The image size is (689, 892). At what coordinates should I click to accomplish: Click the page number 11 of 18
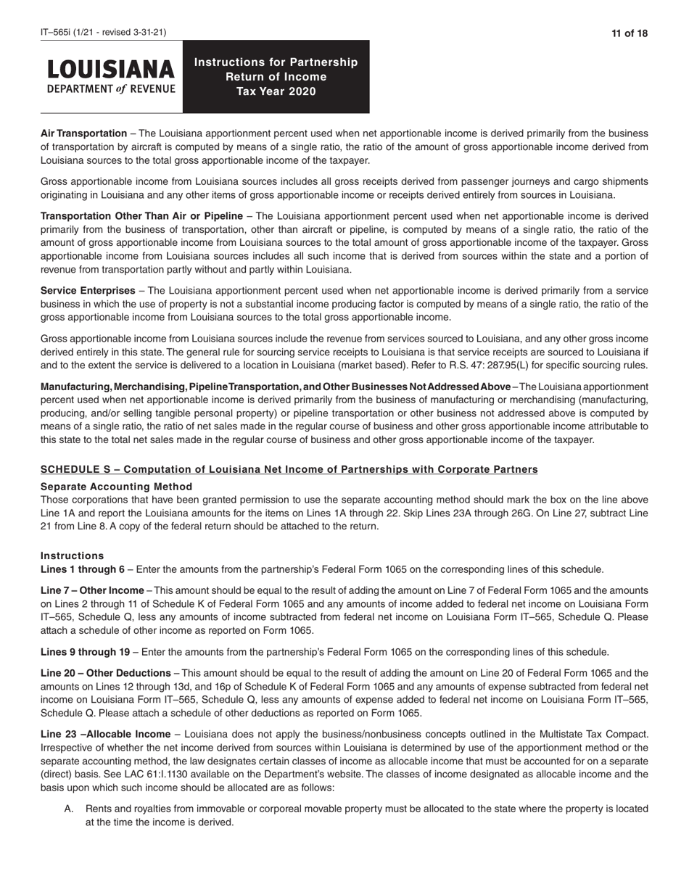(x=629, y=33)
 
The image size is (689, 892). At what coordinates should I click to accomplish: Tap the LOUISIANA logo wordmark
(x=111, y=70)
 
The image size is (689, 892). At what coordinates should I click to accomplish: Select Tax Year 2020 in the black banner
(x=276, y=91)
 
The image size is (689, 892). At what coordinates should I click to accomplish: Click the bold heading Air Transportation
(x=83, y=133)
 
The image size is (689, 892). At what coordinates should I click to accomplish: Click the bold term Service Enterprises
(x=88, y=291)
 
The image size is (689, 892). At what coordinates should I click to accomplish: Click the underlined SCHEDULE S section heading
(x=289, y=469)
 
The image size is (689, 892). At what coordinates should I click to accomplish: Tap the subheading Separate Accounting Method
(x=116, y=487)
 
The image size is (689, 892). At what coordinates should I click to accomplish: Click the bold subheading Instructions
(x=72, y=556)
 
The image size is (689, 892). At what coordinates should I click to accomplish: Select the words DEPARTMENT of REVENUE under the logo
(x=111, y=89)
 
